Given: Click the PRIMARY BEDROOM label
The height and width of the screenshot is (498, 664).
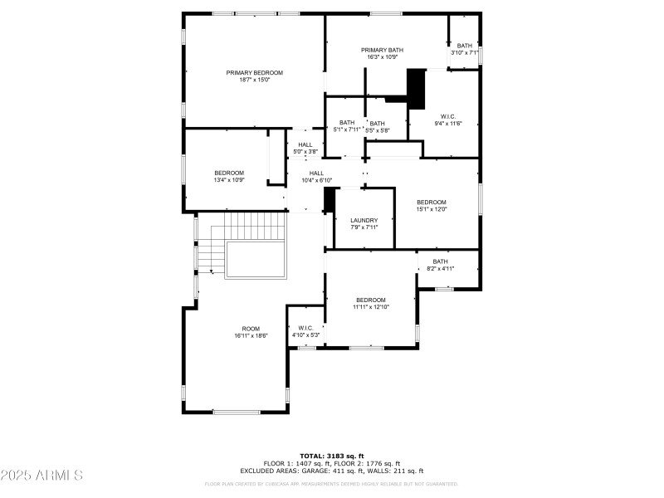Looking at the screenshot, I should click(x=255, y=73).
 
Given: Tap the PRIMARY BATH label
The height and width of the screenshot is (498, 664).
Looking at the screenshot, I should click(x=382, y=51).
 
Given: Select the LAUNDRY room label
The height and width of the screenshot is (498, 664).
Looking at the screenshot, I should click(x=364, y=220).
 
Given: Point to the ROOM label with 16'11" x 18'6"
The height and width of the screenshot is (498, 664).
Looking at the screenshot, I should click(x=251, y=329).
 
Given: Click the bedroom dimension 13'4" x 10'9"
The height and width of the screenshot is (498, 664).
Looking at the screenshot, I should click(x=229, y=180).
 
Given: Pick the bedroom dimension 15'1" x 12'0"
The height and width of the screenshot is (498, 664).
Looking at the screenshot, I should click(x=432, y=210).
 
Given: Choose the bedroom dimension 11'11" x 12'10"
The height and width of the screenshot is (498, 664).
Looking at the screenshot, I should click(x=371, y=307).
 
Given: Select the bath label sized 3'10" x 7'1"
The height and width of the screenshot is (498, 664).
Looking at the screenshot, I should click(x=465, y=46).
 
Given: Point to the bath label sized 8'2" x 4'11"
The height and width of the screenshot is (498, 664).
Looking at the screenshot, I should click(x=440, y=261).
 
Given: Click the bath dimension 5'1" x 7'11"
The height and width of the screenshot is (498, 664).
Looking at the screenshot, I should click(x=347, y=130).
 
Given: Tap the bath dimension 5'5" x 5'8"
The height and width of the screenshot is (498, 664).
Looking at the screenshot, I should click(x=378, y=130).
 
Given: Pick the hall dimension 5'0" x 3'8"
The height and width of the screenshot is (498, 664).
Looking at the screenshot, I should click(x=305, y=152).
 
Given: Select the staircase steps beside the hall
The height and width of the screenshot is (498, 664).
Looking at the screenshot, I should click(x=244, y=226).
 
